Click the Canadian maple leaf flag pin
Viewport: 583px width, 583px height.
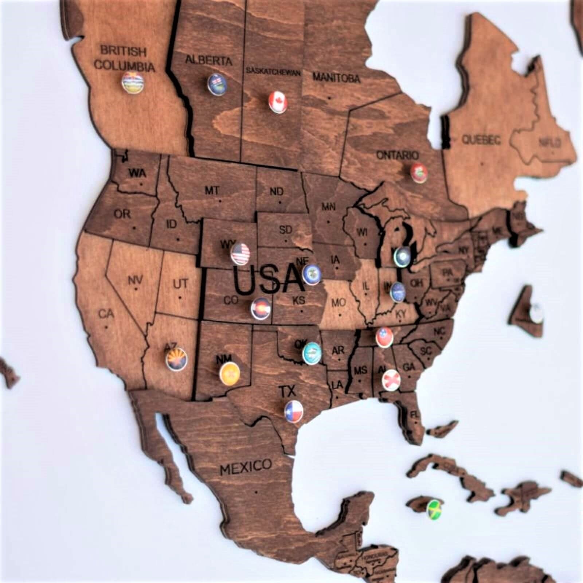278,101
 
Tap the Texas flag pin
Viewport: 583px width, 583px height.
294,410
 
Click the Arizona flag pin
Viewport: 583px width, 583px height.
177,359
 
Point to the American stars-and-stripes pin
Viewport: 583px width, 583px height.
240,253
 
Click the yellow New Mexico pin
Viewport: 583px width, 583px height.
230,373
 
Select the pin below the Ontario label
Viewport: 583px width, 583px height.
419,173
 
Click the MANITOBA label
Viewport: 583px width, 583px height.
336,77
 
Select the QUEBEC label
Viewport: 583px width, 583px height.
481,139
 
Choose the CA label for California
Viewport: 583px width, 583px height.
106,313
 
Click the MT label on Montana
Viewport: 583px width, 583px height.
212,190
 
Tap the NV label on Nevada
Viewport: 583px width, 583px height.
135,281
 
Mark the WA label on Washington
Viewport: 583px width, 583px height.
137,173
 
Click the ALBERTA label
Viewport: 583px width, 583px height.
208,60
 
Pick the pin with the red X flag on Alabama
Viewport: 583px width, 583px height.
391,379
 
